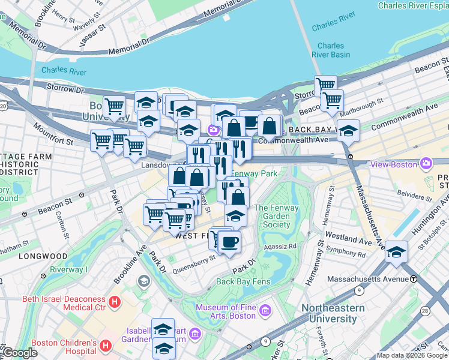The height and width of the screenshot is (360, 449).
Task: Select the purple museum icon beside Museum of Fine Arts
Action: point(265,311)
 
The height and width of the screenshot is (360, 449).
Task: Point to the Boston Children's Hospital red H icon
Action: point(106,346)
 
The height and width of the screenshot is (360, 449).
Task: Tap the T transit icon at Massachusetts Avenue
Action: point(414,279)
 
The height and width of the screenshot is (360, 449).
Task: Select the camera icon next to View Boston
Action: point(426,163)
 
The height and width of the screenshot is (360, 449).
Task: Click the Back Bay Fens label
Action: point(243,281)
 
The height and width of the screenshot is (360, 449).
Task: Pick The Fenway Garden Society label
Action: point(272,217)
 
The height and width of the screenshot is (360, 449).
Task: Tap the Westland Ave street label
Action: point(349,239)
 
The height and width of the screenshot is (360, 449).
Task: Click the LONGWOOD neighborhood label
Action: point(43,256)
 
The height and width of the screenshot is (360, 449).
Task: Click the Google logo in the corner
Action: point(19,353)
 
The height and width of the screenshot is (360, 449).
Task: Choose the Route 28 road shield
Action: point(424,310)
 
